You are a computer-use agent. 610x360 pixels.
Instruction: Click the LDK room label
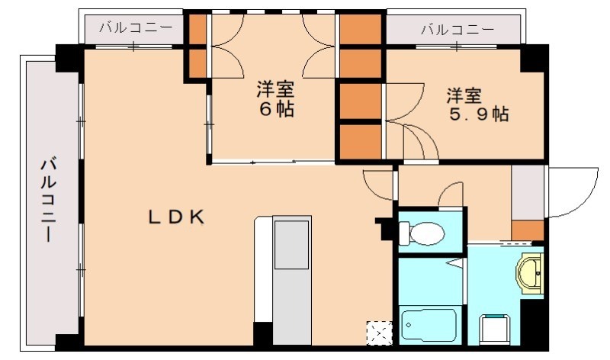click(x=176, y=217)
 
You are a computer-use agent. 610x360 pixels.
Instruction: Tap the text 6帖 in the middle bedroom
click(x=274, y=109)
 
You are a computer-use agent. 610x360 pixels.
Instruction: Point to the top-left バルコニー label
click(x=134, y=30)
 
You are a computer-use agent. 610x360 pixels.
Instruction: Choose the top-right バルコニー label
click(x=456, y=30)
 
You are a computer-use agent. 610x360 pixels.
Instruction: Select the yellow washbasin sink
click(x=531, y=270)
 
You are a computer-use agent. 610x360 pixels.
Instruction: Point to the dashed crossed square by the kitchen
click(x=377, y=332)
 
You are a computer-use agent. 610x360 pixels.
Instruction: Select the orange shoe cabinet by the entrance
click(x=527, y=229)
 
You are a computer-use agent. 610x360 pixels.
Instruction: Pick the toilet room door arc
click(x=451, y=194)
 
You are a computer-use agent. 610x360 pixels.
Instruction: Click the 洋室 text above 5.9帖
click(x=464, y=95)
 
